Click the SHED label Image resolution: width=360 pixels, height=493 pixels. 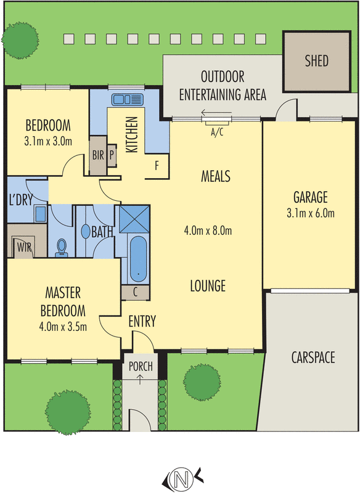[317, 61]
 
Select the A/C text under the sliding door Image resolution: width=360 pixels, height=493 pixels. [217, 131]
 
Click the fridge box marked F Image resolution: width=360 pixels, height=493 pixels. [157, 166]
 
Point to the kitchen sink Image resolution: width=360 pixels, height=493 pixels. [126, 99]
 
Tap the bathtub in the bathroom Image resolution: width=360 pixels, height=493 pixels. [139, 259]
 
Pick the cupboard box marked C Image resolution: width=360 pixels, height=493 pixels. [136, 292]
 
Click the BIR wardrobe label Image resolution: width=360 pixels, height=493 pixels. [98, 155]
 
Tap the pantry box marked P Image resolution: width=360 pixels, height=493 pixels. [112, 155]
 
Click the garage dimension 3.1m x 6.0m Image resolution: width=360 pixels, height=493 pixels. [310, 214]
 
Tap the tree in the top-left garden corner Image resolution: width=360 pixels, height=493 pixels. [17, 39]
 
